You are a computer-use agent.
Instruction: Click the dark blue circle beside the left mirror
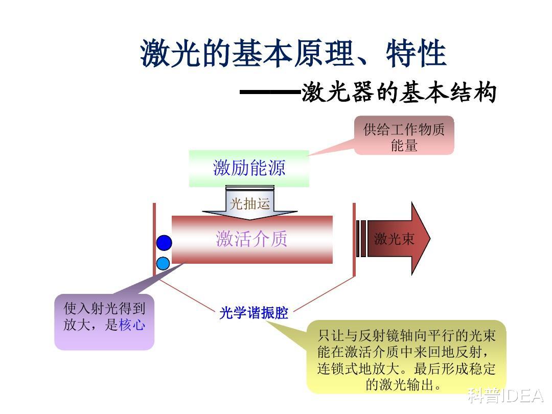(x=164, y=243)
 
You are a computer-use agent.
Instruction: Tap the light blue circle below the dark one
(x=163, y=263)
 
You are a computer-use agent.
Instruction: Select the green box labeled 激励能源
(x=249, y=168)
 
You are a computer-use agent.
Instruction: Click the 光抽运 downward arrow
(x=249, y=203)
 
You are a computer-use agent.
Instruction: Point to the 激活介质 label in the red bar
(x=251, y=239)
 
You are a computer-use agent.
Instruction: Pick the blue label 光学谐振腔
(x=254, y=313)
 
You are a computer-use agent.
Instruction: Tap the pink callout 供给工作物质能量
(x=404, y=135)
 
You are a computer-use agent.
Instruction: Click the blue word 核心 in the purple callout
(x=132, y=325)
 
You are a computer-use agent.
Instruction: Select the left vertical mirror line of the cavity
(x=154, y=239)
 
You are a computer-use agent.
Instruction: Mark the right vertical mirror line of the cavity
(x=354, y=239)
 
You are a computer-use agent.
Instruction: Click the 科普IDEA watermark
(x=505, y=396)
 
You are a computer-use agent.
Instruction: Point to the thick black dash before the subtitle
(x=270, y=92)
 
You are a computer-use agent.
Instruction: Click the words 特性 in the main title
(x=416, y=54)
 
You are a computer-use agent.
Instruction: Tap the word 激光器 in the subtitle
(x=338, y=92)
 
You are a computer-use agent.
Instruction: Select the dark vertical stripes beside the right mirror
(x=361, y=239)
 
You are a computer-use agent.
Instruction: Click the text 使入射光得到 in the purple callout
(x=104, y=308)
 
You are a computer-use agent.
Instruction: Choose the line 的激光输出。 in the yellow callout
(x=403, y=384)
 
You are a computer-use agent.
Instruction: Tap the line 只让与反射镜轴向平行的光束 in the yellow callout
(x=406, y=335)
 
